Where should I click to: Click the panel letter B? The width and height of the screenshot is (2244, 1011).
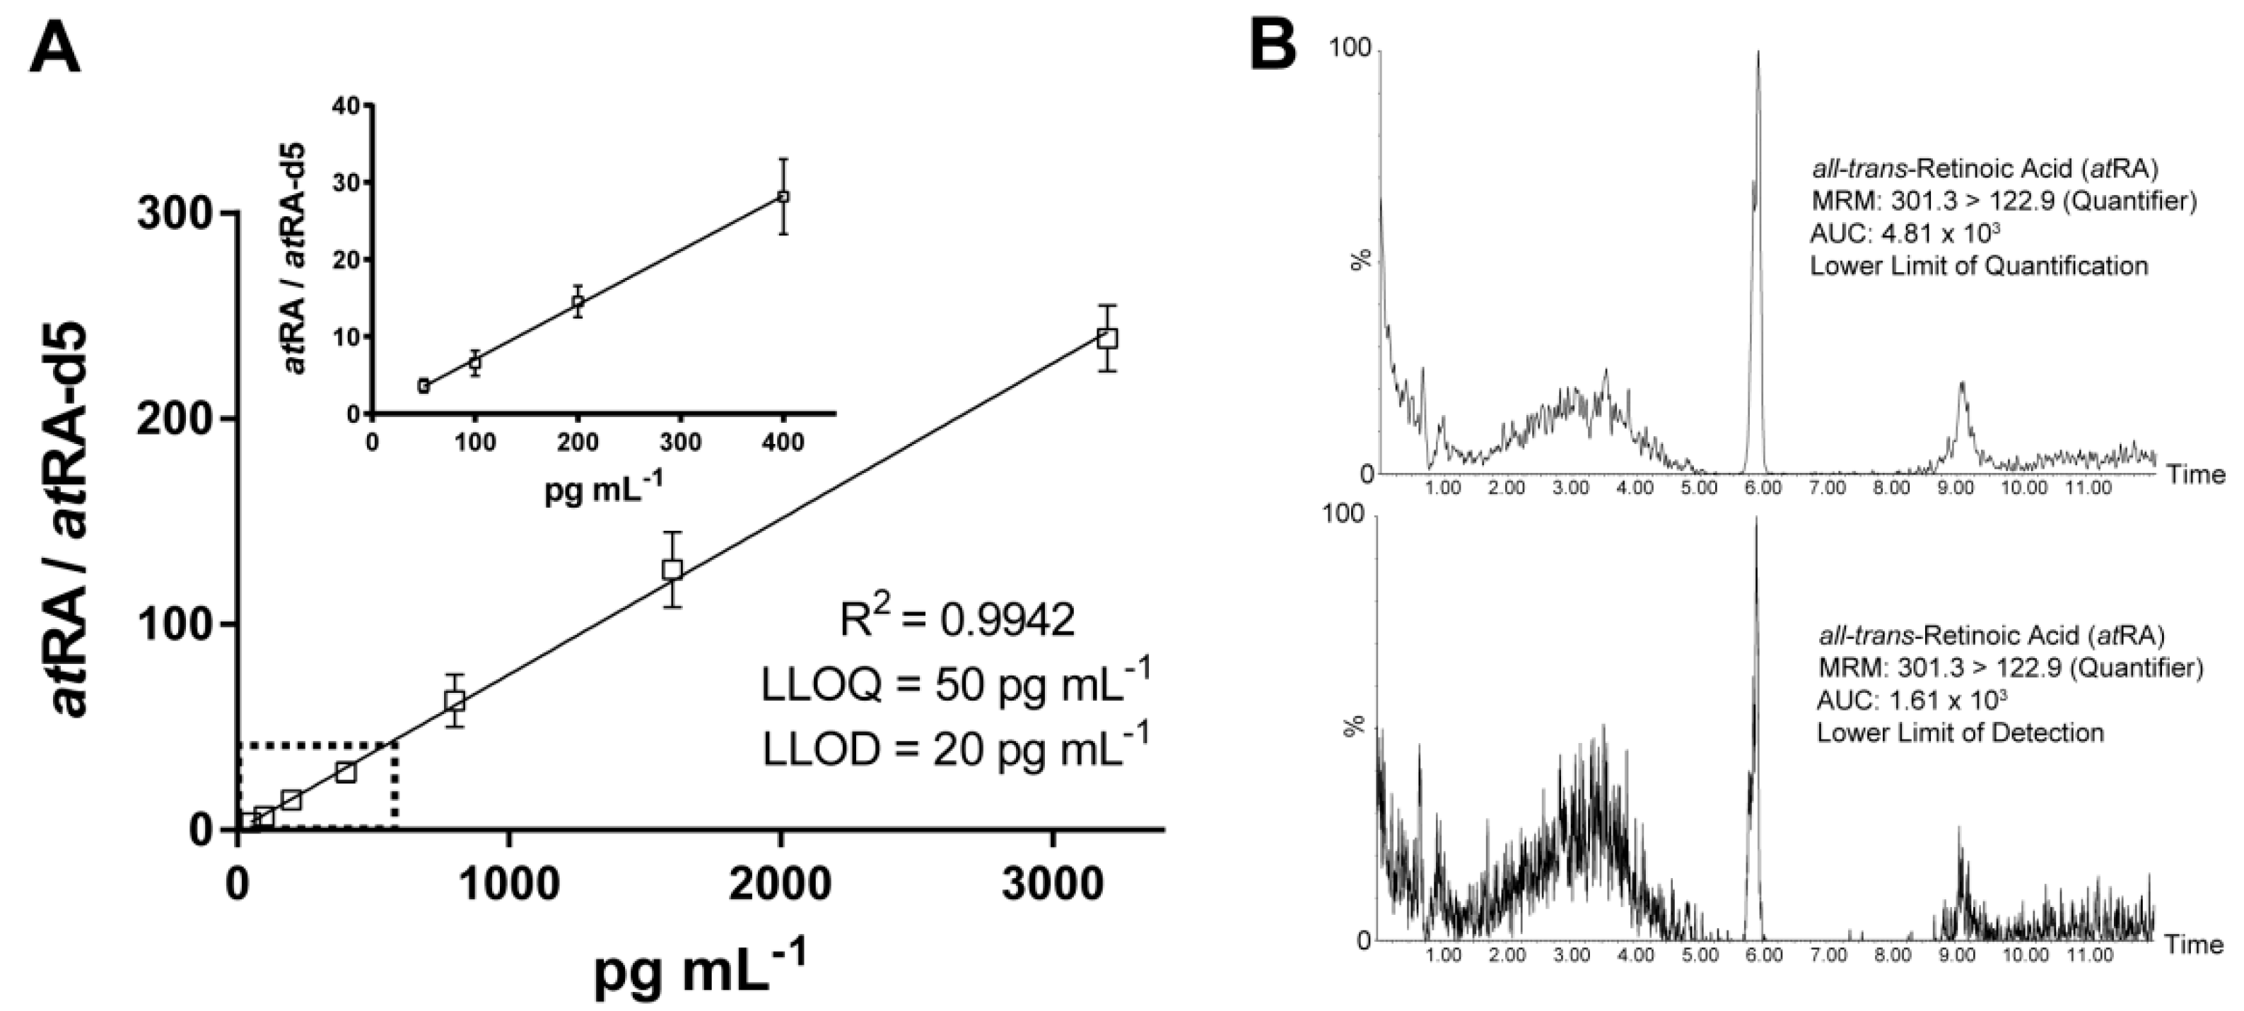point(1273,45)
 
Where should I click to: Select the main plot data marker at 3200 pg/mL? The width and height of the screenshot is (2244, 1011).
point(1106,338)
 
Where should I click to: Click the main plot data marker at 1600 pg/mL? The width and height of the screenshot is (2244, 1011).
point(672,570)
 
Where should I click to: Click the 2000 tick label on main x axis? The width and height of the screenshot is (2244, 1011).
point(780,884)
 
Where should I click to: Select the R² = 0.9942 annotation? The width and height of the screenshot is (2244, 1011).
point(957,620)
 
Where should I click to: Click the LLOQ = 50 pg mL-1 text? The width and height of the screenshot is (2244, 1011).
point(954,684)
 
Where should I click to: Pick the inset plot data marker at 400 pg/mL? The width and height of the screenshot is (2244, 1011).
point(783,197)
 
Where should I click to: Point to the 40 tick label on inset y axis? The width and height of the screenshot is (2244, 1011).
point(346,106)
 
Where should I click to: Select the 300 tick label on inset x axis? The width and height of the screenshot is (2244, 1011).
point(679,443)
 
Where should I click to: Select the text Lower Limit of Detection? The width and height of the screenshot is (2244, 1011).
point(1960,732)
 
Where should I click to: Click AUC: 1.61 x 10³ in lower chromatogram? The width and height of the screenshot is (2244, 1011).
point(1911,700)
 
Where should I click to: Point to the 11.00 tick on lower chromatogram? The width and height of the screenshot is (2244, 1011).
point(2090,955)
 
